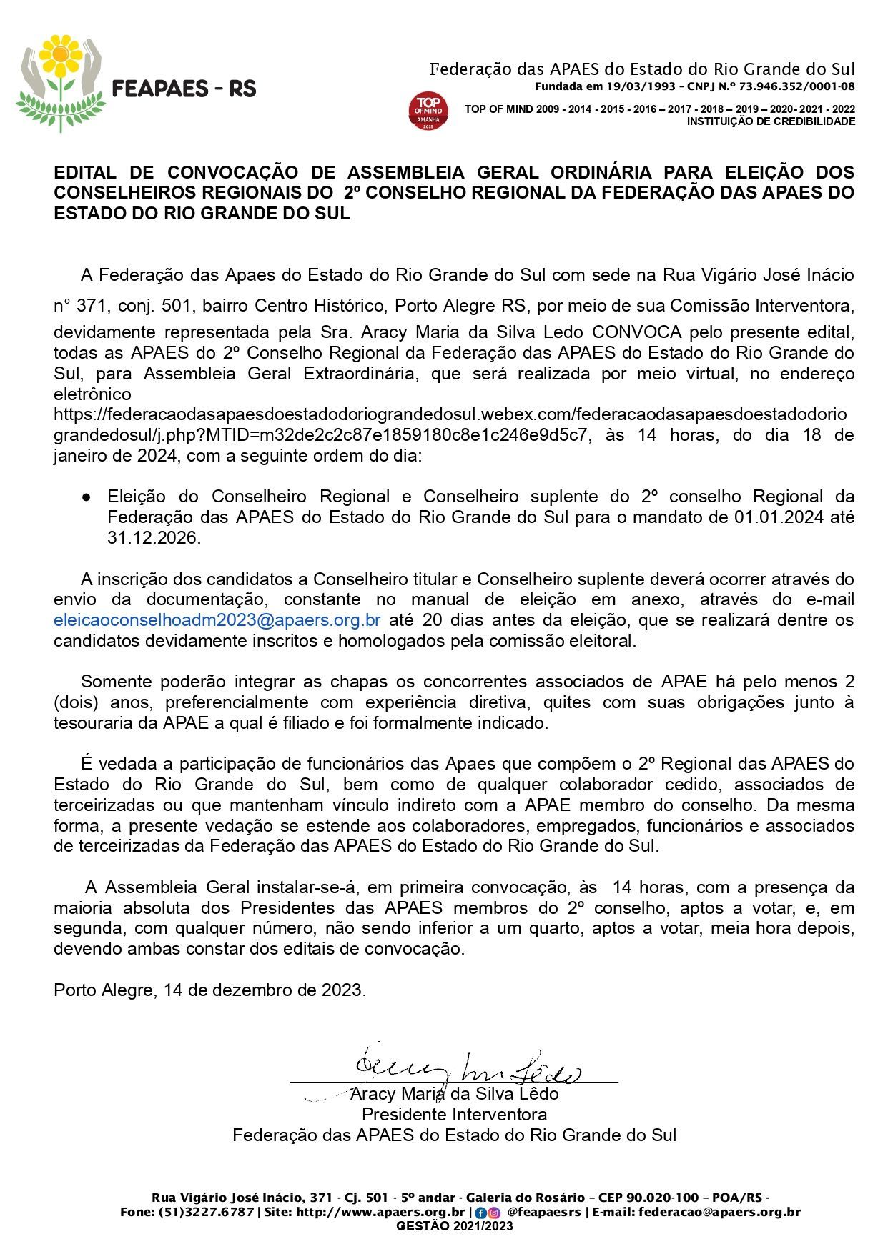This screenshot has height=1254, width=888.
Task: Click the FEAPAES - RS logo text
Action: pyautogui.click(x=184, y=89)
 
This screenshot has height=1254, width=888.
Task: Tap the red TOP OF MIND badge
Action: pyautogui.click(x=428, y=111)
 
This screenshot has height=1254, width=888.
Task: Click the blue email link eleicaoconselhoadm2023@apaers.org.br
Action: pyautogui.click(x=217, y=619)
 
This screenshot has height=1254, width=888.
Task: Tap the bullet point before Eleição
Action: pyautogui.click(x=85, y=497)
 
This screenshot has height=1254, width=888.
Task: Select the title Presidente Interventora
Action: pyautogui.click(x=454, y=1114)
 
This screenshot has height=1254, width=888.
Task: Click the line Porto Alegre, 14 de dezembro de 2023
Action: pyautogui.click(x=210, y=990)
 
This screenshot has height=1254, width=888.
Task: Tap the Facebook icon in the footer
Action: pyautogui.click(x=480, y=1213)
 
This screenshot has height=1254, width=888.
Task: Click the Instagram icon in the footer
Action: pyautogui.click(x=493, y=1213)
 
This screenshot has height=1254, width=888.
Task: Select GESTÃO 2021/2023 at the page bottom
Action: pyautogui.click(x=454, y=1226)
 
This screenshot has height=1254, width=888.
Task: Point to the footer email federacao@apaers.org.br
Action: pyautogui.click(x=719, y=1212)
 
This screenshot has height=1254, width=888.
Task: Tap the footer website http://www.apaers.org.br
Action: pyautogui.click(x=380, y=1212)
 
